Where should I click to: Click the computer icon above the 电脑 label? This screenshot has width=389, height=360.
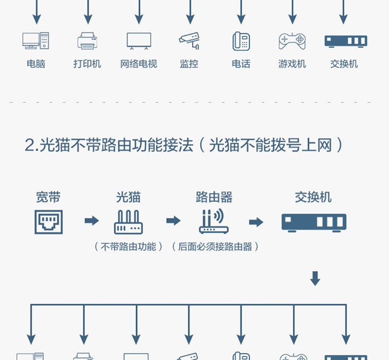35,41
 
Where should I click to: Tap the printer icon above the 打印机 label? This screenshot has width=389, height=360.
87,41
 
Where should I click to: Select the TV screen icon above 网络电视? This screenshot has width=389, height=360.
139,41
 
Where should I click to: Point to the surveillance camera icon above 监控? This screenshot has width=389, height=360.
189,41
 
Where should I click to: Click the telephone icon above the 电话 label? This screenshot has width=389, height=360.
241,41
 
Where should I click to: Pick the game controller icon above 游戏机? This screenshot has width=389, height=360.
292,41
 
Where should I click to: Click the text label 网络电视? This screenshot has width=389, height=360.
139,64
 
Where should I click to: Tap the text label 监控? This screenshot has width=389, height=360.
189,64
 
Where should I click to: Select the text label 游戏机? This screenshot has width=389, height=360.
292,64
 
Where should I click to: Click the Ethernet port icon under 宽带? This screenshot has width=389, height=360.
49,222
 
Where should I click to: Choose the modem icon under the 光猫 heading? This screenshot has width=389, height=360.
128,222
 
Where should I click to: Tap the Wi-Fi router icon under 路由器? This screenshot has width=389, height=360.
214,221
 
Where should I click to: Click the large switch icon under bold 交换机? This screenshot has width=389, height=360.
314,223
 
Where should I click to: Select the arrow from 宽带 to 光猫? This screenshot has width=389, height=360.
92,221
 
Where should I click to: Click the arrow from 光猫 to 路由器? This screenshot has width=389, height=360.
173,221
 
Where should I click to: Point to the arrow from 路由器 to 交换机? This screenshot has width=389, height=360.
256,222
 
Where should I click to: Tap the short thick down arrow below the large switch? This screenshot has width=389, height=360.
315,278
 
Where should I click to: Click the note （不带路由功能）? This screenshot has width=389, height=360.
129,247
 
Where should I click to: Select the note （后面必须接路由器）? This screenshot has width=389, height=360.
215,247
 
